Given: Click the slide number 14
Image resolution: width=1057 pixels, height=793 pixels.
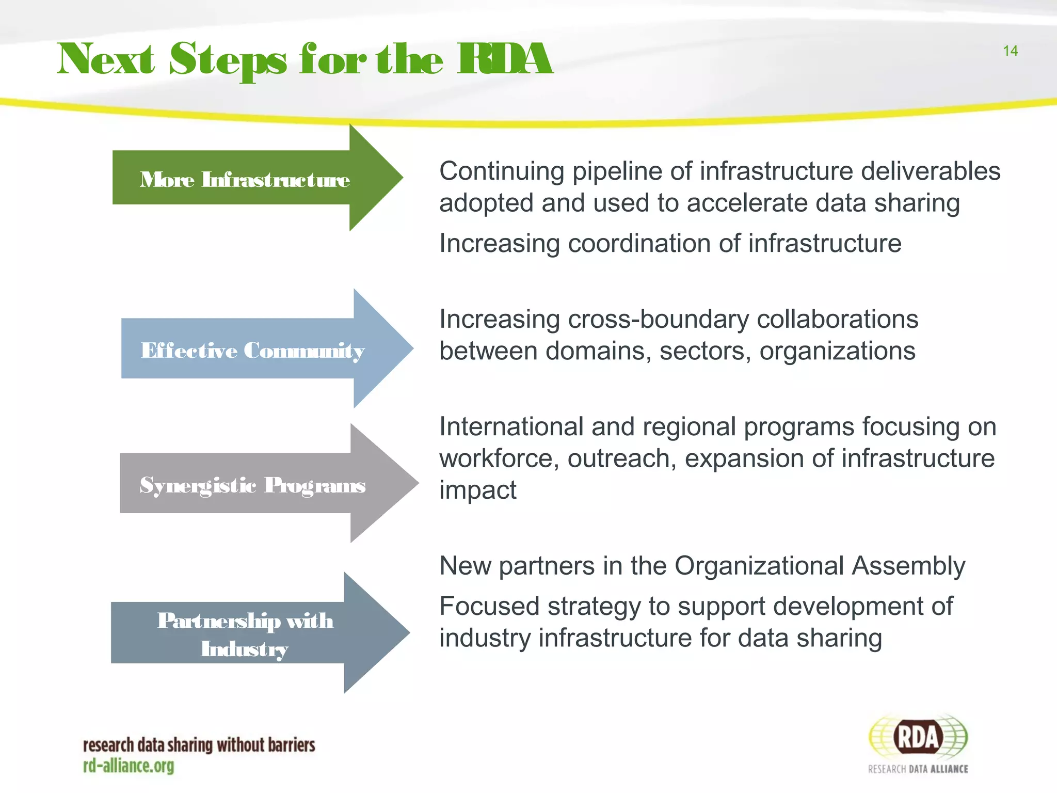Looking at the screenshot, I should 1010,51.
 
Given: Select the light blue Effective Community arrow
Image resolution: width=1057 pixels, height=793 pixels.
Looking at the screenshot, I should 253,350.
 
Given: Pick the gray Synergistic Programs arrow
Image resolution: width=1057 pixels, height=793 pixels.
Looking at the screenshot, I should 253,484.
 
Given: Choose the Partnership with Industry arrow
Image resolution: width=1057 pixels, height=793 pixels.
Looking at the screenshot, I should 246,633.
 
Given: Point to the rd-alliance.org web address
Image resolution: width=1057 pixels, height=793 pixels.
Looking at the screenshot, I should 129,766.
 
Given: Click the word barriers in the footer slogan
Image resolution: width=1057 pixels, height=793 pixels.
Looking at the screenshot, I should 292,745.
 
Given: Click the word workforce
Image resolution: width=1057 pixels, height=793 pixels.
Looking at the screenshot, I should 499,458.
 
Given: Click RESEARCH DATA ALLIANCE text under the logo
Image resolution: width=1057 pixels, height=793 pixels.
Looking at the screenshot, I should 918,769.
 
